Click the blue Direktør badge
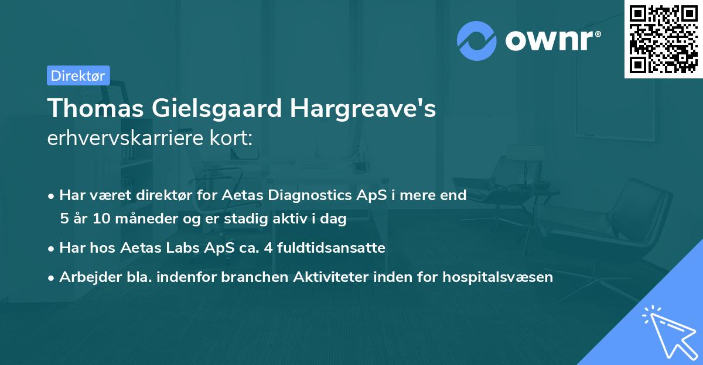pyautogui.click(x=78, y=75)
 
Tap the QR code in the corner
pyautogui.click(x=663, y=39)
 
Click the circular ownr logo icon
pyautogui.click(x=477, y=41)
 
